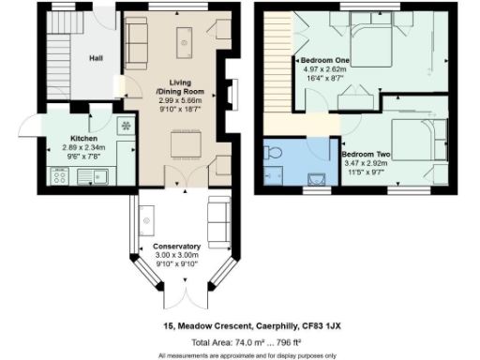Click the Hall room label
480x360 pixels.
click(x=96, y=58)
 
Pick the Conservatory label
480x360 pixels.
click(x=177, y=247)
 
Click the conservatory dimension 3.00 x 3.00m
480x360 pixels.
click(x=177, y=255)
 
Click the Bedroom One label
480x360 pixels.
click(x=325, y=61)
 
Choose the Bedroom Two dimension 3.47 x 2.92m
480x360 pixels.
click(x=366, y=163)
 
